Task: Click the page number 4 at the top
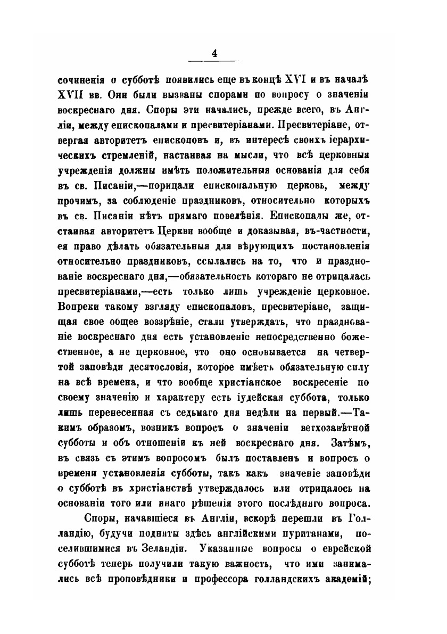[214, 52]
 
